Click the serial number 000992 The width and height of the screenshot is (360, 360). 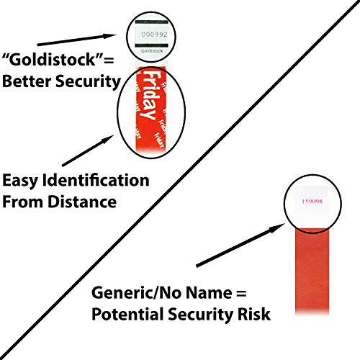[154, 35]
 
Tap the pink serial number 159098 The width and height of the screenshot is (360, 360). [312, 201]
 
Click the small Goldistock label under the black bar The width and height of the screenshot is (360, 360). [152, 51]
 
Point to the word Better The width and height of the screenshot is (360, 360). [26, 81]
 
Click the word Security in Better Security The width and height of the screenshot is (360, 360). [88, 81]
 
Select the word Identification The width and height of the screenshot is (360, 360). [96, 180]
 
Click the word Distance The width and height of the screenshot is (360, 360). [82, 202]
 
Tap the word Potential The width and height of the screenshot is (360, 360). [127, 314]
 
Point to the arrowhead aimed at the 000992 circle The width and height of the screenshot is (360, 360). [110, 36]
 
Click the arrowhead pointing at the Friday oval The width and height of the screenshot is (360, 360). [107, 139]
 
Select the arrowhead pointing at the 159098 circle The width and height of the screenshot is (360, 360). [279, 227]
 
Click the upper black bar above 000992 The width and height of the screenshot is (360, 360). [151, 22]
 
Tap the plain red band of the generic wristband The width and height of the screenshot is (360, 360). [312, 271]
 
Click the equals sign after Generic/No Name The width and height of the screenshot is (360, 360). [240, 293]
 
